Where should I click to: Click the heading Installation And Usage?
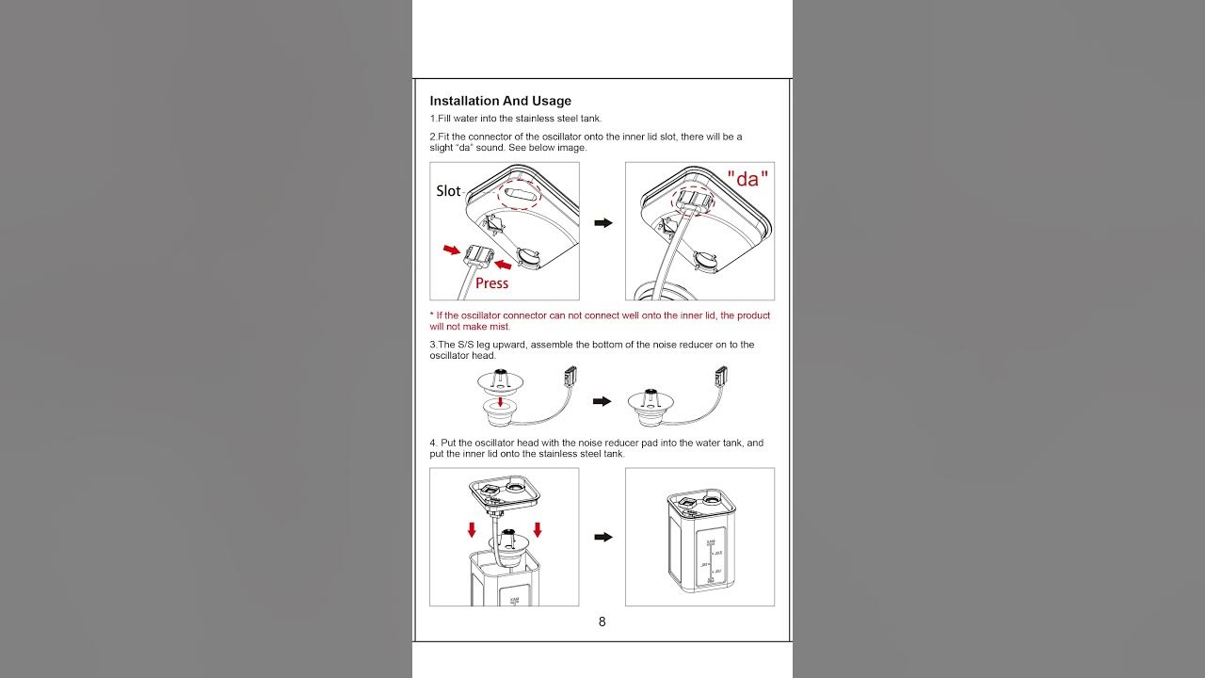pos(500,101)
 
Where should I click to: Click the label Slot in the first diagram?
pos(448,191)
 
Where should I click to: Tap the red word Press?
pos(491,282)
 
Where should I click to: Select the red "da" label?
pos(747,179)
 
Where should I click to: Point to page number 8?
pos(602,621)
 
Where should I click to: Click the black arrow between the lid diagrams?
pos(602,223)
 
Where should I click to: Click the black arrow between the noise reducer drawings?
pos(602,401)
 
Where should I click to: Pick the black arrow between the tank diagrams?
pos(602,537)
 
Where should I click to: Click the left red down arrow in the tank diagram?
pos(472,529)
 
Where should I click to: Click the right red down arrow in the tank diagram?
pos(538,529)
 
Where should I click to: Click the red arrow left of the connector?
pos(453,250)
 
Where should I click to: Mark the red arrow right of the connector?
pos(505,265)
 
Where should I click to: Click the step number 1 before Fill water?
pos(433,119)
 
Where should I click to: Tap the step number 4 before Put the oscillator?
pos(433,443)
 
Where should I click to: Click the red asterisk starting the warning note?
pos(431,315)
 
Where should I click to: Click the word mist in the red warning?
pos(500,327)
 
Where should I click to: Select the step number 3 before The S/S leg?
pos(433,345)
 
